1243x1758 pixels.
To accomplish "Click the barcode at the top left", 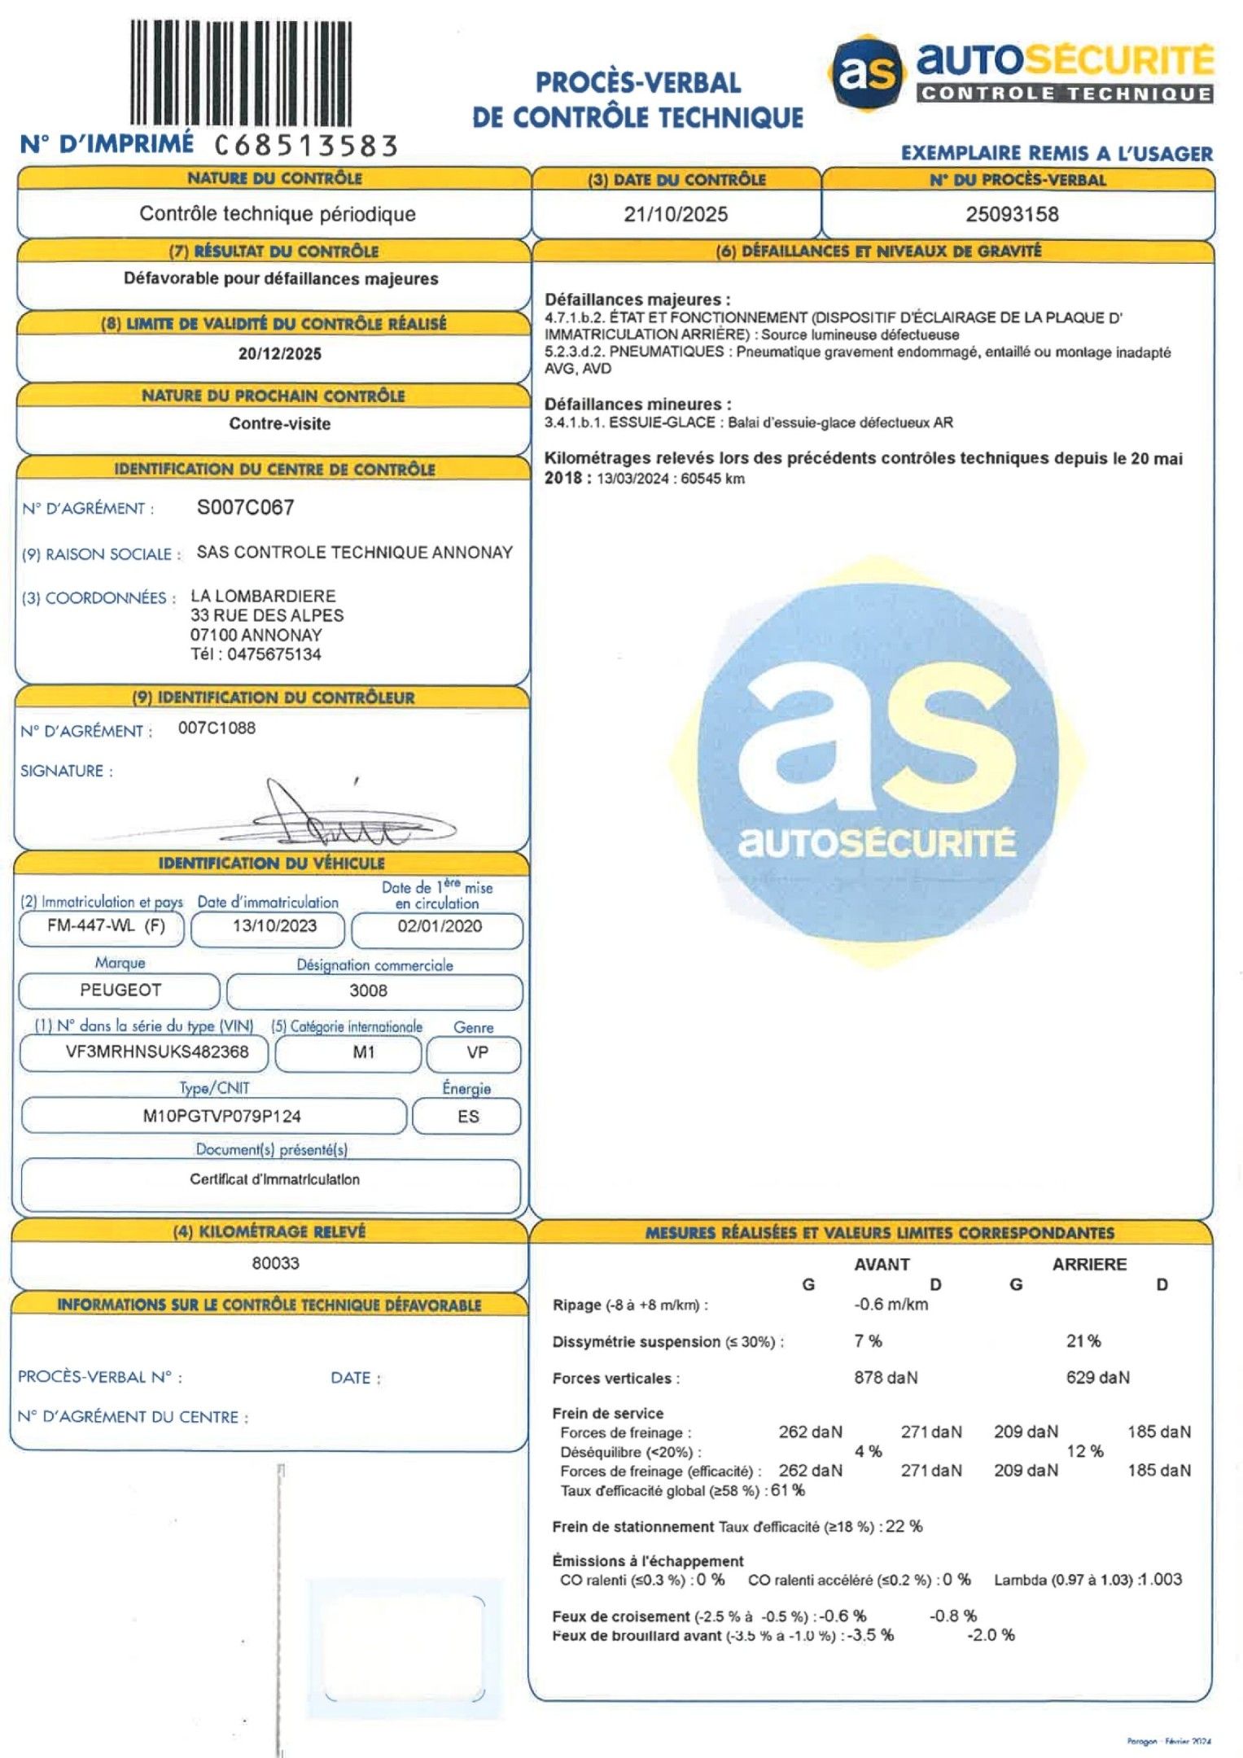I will coord(241,73).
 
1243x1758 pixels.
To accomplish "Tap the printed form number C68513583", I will coord(307,146).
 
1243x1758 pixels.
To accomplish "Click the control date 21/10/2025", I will coord(676,215).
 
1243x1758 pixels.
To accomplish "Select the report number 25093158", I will coord(1012,215).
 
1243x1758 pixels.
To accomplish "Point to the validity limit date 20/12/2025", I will coord(279,354).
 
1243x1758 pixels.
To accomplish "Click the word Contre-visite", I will coord(279,424).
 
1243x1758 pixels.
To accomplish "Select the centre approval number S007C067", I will coord(245,508).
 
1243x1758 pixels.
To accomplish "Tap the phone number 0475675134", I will coord(274,654).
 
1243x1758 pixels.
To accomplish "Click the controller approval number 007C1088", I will coord(217,728).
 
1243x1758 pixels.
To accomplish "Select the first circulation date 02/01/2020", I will coord(440,926).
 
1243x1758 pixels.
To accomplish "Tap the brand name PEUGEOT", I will coord(120,991).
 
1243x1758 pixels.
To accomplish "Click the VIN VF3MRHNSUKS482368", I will coord(157,1052).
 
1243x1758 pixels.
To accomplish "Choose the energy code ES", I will coord(468,1117).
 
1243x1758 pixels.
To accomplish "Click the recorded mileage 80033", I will coord(275,1263).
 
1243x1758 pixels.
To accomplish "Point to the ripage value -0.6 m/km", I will coord(891,1305).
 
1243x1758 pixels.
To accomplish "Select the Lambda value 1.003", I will coord(1161,1580).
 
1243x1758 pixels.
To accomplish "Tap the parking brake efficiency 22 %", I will coord(904,1526).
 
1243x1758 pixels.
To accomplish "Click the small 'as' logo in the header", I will coord(868,72).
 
